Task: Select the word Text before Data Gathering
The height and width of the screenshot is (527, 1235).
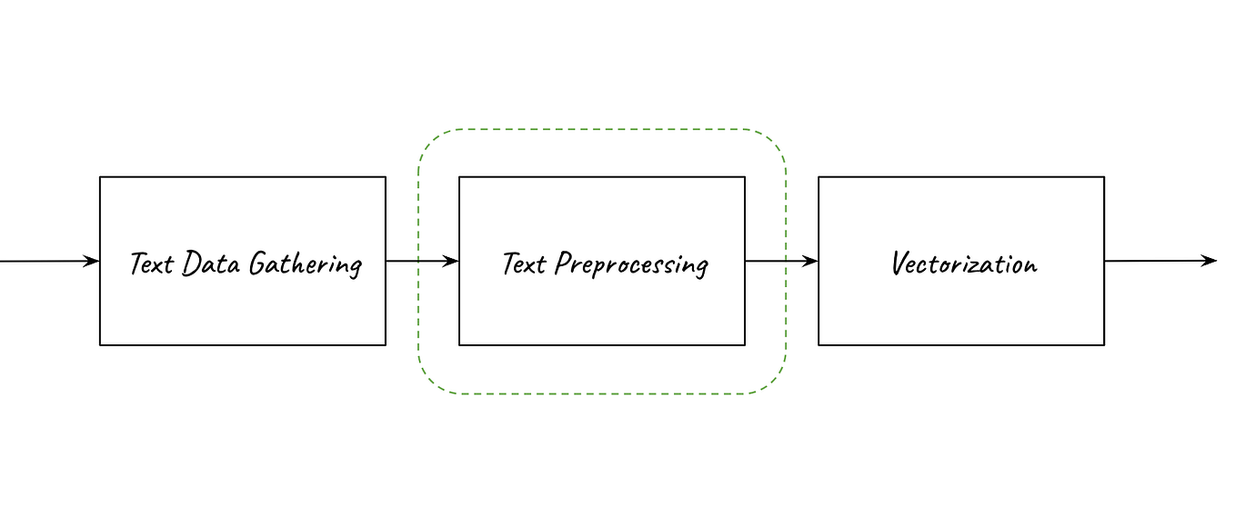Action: [x=151, y=263]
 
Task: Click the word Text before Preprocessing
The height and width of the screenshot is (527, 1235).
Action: [x=524, y=263]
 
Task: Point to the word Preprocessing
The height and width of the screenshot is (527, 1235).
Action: [x=631, y=264]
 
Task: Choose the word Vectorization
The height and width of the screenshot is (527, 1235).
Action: [x=963, y=263]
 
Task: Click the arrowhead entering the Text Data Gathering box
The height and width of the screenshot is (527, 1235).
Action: [x=92, y=262]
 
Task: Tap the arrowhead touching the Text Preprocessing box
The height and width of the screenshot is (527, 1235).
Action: [x=451, y=262]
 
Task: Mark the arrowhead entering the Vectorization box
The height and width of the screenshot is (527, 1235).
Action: [x=810, y=262]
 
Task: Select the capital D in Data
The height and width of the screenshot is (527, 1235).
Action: [x=191, y=263]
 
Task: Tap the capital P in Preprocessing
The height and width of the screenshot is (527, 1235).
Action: [x=564, y=263]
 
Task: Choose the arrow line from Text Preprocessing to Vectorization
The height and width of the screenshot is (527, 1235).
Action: [x=778, y=262]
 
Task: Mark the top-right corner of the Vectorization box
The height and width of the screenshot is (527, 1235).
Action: [x=1104, y=177]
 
